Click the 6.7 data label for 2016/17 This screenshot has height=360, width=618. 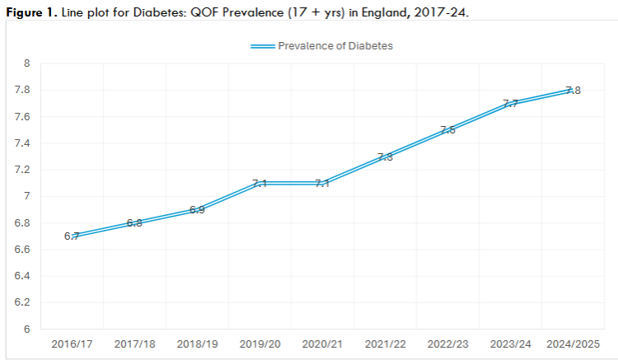click(x=72, y=236)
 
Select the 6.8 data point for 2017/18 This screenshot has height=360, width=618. click(x=134, y=222)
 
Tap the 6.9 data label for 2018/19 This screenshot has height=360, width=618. click(x=197, y=210)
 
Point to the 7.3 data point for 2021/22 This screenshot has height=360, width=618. click(x=385, y=157)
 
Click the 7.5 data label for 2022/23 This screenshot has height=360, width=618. click(x=447, y=130)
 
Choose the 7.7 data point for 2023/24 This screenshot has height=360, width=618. click(x=510, y=103)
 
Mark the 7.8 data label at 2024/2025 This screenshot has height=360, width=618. click(x=573, y=91)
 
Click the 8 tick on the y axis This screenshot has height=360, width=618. click(x=26, y=63)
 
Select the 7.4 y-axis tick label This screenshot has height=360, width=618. click(x=22, y=143)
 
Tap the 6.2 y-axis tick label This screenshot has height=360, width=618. click(x=22, y=302)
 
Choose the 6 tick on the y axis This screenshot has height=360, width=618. click(x=26, y=330)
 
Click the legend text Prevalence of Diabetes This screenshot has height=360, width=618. click(x=335, y=46)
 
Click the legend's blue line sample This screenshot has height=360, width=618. click(x=262, y=46)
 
